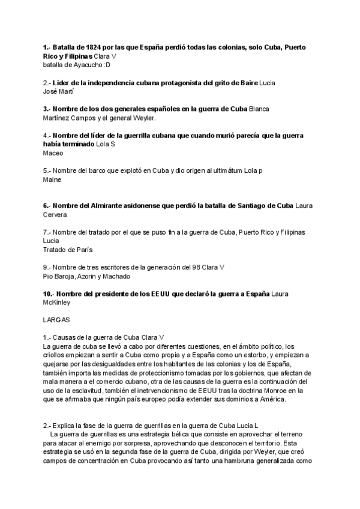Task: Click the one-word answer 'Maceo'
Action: [53, 153]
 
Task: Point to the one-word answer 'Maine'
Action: [52, 179]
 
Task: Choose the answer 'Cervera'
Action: [55, 214]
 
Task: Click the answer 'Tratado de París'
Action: [68, 249]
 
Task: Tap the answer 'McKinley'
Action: [58, 303]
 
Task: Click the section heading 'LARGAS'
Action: [57, 321]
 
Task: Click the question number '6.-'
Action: [48, 205]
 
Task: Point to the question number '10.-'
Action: [49, 294]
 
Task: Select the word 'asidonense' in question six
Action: [152, 205]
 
